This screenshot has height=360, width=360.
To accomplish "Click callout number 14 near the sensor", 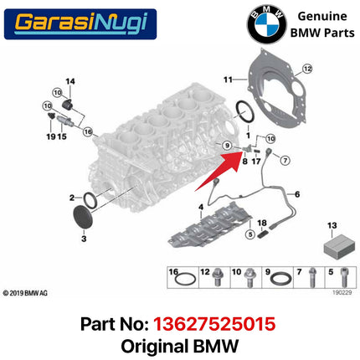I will click(x=70, y=81).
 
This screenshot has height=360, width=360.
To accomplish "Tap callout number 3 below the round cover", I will click(x=83, y=239).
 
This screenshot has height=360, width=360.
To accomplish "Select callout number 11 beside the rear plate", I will click(x=226, y=80).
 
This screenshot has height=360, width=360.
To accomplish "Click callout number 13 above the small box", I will click(x=332, y=225).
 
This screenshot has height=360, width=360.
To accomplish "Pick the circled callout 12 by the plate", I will click(x=306, y=68).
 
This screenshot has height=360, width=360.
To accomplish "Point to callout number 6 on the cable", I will click(x=296, y=194).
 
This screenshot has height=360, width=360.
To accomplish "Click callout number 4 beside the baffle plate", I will click(x=200, y=206).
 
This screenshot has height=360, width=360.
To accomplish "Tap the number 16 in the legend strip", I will click(x=174, y=272).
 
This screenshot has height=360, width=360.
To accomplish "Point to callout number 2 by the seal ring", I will click(x=72, y=198).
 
